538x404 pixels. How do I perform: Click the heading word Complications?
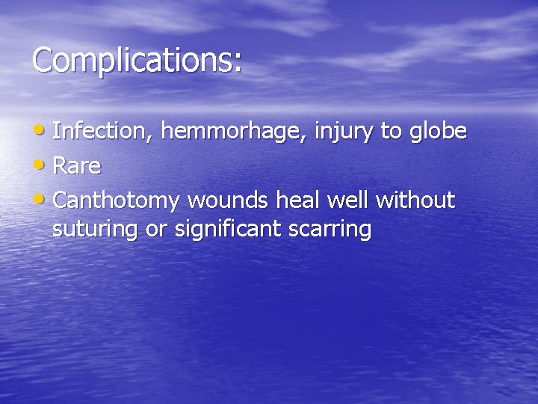point(132,60)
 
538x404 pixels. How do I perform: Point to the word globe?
point(438,132)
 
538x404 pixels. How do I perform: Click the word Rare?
point(77,166)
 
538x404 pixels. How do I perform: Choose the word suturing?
point(96,230)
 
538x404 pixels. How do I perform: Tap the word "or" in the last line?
point(156,230)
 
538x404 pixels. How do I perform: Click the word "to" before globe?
point(392,132)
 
